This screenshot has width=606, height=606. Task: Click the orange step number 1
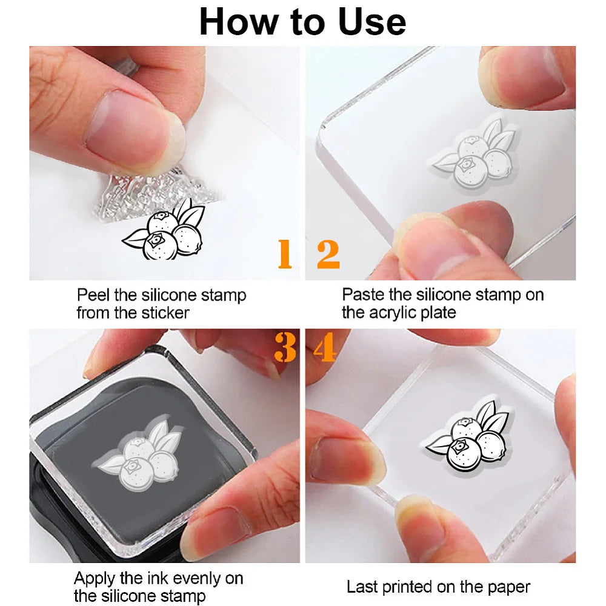(285, 253)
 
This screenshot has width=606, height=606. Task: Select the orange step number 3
(285, 347)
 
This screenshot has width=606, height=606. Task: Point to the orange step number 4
(325, 347)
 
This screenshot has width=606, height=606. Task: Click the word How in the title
(238, 22)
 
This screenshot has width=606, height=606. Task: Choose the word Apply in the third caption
(95, 579)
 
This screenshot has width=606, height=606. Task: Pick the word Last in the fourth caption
(361, 587)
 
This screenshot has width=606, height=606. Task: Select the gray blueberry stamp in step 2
(475, 155)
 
